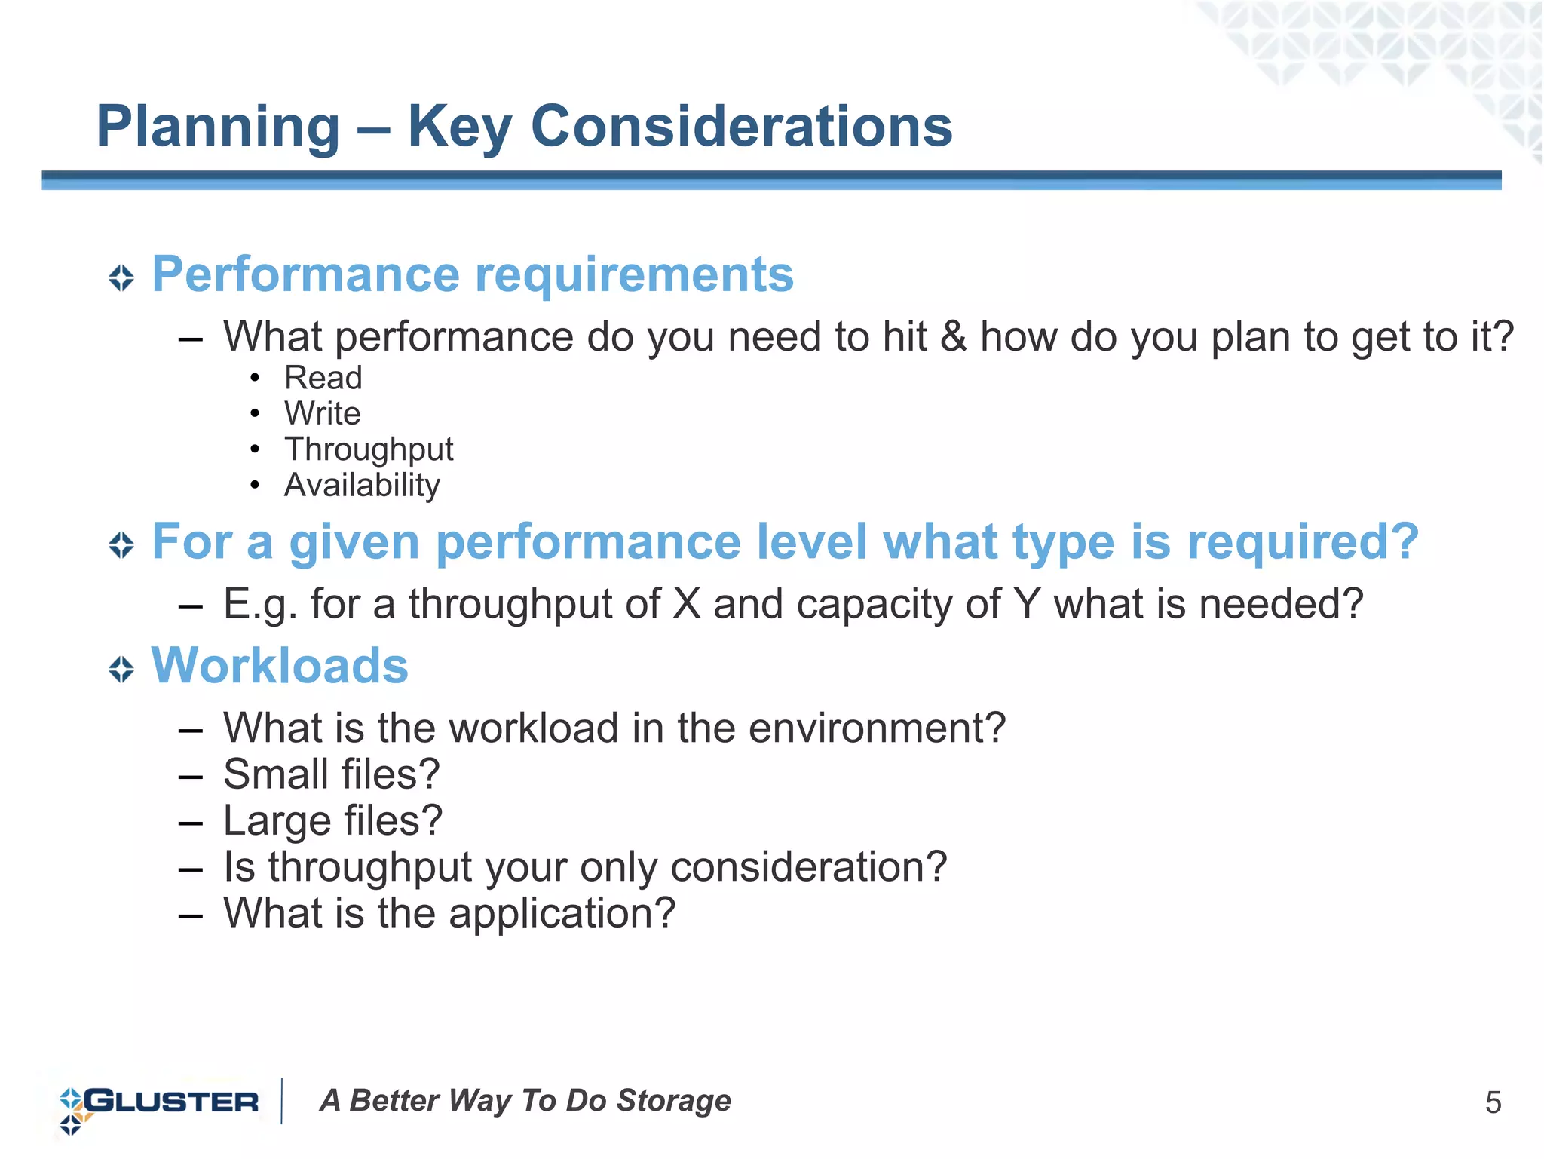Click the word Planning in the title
[219, 127]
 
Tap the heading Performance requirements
[473, 274]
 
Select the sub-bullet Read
[323, 378]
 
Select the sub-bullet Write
[322, 413]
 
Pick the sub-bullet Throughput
[369, 449]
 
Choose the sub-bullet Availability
[362, 485]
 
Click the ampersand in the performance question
[953, 336]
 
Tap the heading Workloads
[280, 666]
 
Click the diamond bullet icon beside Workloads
[121, 669]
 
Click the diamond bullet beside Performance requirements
[121, 277]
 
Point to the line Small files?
[332, 774]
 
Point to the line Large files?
[333, 820]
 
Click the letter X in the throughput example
[686, 604]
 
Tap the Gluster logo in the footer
[158, 1103]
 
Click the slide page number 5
[1493, 1103]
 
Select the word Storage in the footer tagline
[673, 1101]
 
